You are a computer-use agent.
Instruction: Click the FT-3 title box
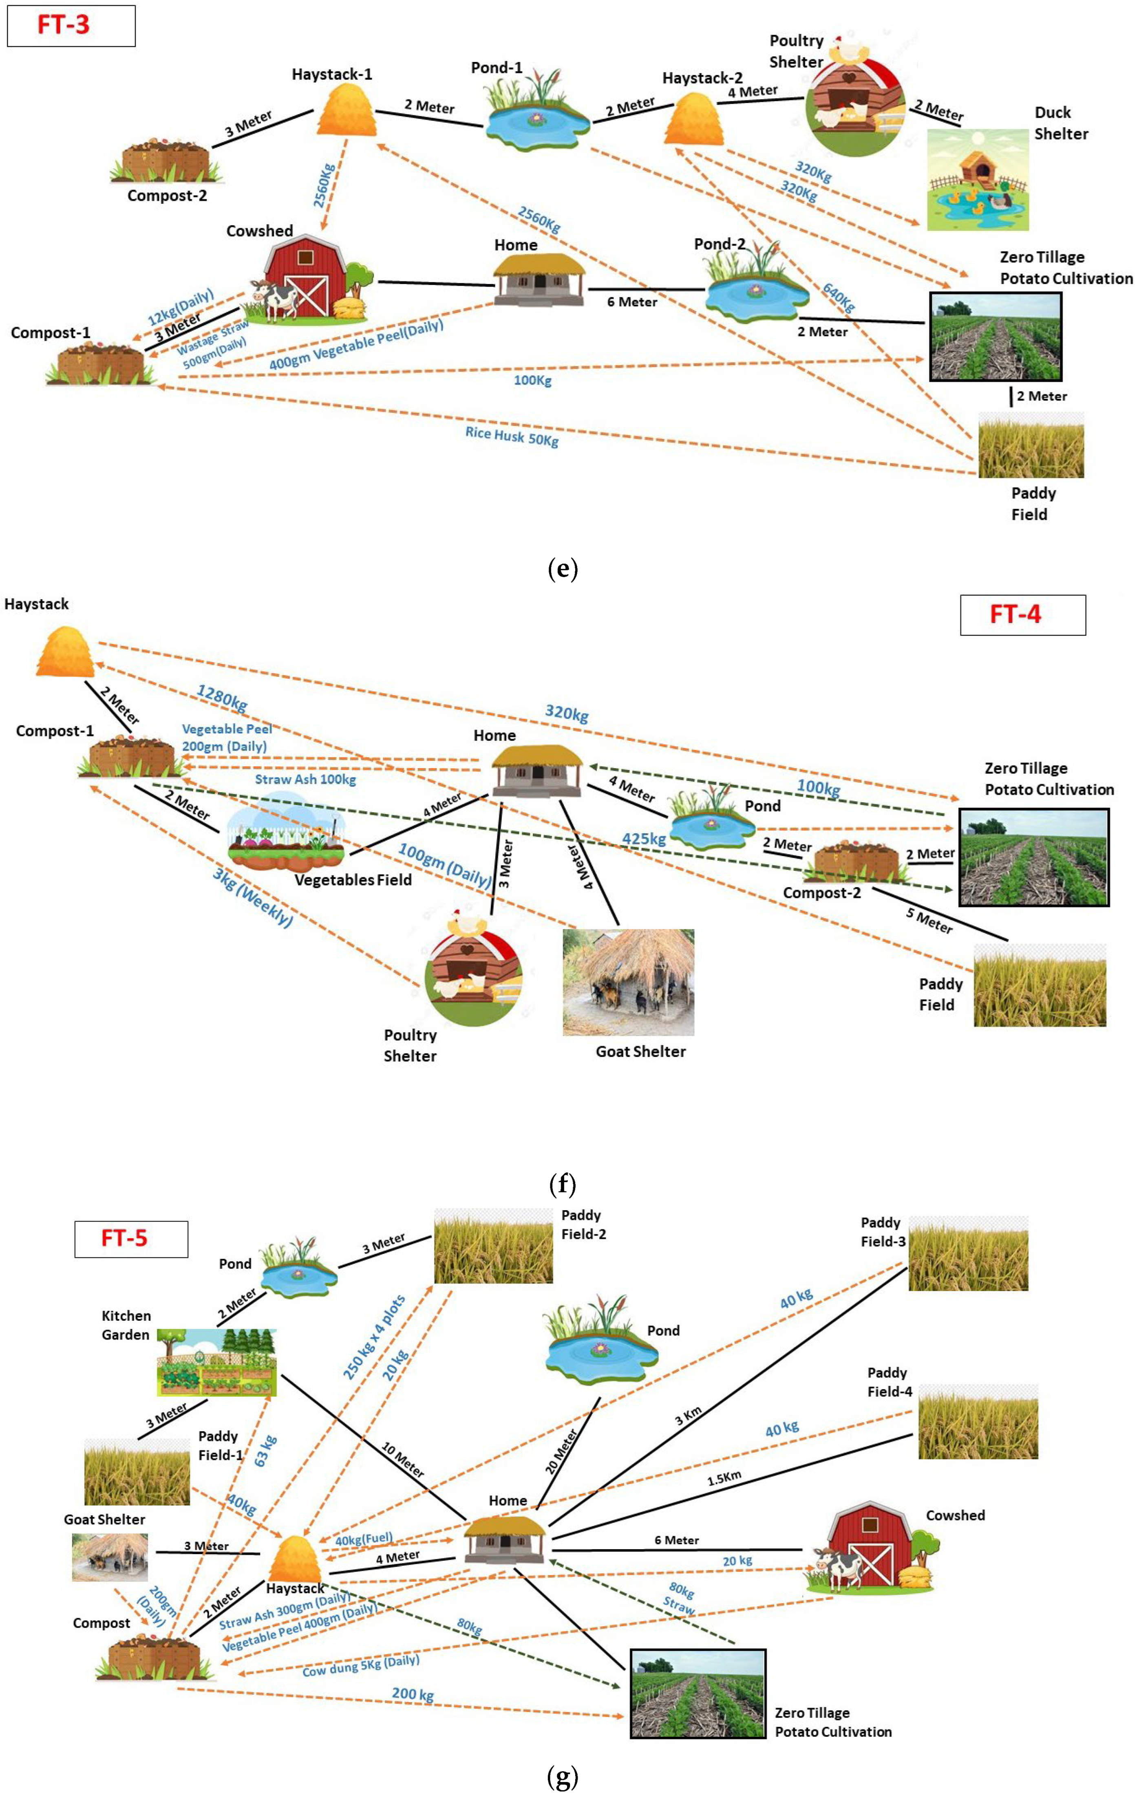pos(71,25)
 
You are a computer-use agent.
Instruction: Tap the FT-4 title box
pos(1022,615)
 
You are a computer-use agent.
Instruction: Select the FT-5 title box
pos(130,1239)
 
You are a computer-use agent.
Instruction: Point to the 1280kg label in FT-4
pos(222,697)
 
